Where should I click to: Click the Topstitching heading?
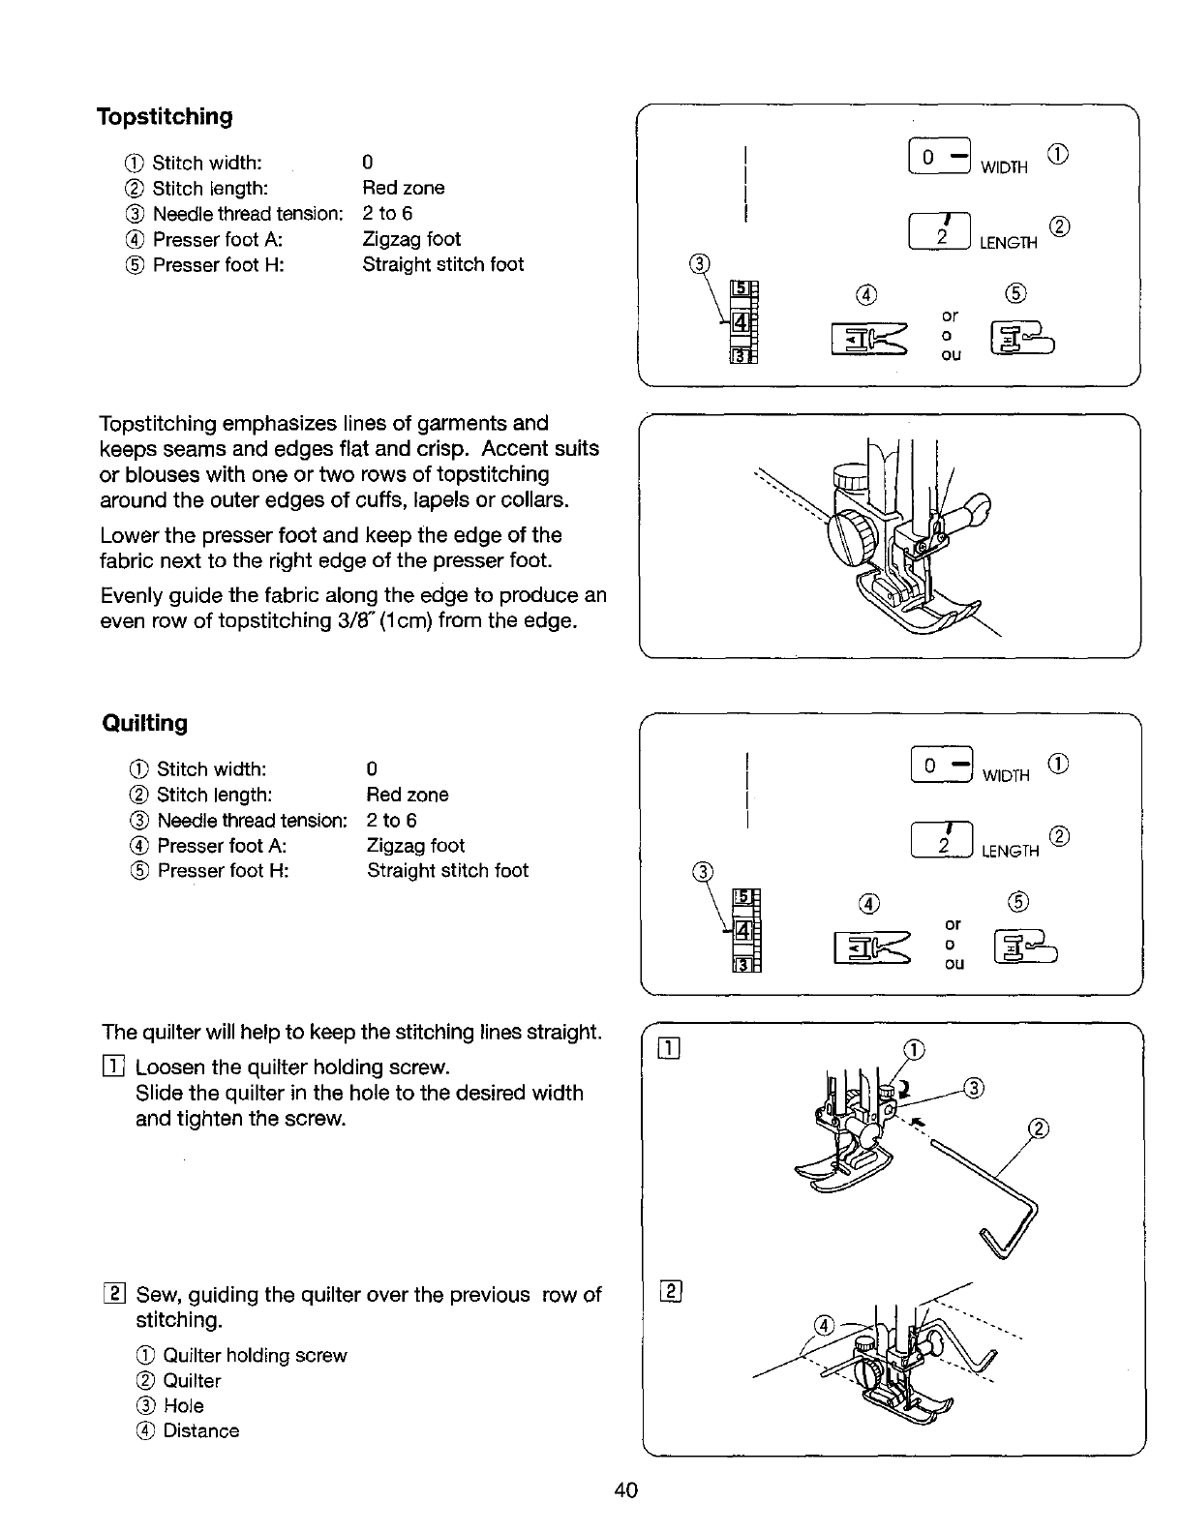click(x=165, y=117)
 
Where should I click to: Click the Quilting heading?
click(x=145, y=723)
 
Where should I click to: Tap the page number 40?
click(x=625, y=1490)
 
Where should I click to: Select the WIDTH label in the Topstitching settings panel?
click(x=1004, y=167)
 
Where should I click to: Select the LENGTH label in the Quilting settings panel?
click(x=1010, y=852)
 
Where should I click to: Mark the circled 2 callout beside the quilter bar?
click(x=1041, y=1128)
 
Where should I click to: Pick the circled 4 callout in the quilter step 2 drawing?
click(x=823, y=1325)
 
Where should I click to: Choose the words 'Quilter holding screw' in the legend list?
click(x=255, y=1356)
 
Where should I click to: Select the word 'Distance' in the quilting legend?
click(x=201, y=1431)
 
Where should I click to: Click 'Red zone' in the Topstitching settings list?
click(x=403, y=188)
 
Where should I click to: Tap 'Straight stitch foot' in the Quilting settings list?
click(x=447, y=871)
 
